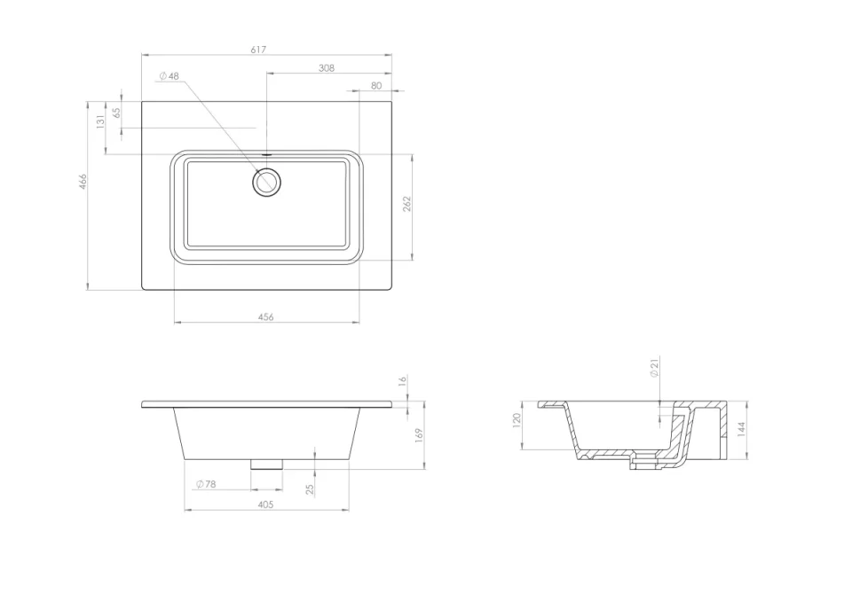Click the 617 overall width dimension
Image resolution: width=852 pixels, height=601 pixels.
pyautogui.click(x=258, y=50)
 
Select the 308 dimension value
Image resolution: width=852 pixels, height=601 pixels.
pyautogui.click(x=327, y=68)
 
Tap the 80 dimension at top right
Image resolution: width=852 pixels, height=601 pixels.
pyautogui.click(x=376, y=85)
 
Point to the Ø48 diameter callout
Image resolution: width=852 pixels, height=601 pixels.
pyautogui.click(x=169, y=76)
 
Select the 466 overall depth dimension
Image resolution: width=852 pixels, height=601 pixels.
pyautogui.click(x=83, y=182)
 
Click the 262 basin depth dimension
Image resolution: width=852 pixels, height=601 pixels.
pyautogui.click(x=406, y=204)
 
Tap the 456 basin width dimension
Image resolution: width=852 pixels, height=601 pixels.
pyautogui.click(x=265, y=316)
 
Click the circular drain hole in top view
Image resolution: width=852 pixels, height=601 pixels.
pyautogui.click(x=266, y=182)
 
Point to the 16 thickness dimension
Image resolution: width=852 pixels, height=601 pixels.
pyautogui.click(x=402, y=381)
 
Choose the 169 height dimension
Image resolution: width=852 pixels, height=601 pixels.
pyautogui.click(x=418, y=434)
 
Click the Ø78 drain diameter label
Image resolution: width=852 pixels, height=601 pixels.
pyautogui.click(x=205, y=484)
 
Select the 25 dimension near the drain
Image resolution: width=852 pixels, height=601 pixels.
pyautogui.click(x=310, y=488)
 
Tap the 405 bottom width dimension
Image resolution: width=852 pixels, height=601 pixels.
pyautogui.click(x=265, y=504)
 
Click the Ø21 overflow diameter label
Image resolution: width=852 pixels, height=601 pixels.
pyautogui.click(x=654, y=368)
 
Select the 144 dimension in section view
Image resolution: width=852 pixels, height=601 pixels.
pyautogui.click(x=741, y=429)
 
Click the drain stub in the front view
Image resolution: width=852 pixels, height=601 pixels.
pyautogui.click(x=266, y=463)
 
